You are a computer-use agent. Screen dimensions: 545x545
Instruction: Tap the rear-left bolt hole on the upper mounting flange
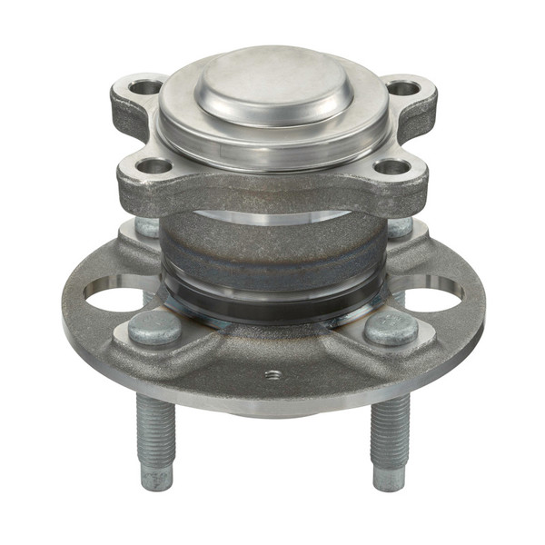[x=144, y=88]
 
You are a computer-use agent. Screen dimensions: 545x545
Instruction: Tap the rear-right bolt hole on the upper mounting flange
[x=402, y=88]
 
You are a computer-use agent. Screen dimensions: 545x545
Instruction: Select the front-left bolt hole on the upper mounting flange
[x=154, y=166]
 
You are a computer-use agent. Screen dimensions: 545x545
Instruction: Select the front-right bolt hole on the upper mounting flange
[x=392, y=166]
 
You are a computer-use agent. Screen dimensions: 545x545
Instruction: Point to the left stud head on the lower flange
[x=154, y=330]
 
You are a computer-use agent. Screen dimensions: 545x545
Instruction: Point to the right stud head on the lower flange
[x=391, y=329]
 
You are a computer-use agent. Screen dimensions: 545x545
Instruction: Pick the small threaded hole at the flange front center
[x=272, y=373]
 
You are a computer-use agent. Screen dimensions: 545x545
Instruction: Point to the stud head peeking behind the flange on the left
[x=146, y=226]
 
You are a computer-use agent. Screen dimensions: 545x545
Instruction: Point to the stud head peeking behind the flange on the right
[x=400, y=226]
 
